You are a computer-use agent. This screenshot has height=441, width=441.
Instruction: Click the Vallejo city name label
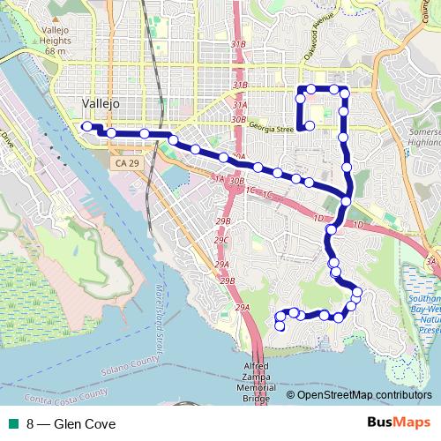[x=99, y=103]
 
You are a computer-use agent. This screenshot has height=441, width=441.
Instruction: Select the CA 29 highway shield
[x=125, y=164]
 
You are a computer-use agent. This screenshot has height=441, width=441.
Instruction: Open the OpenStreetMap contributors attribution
[x=364, y=395]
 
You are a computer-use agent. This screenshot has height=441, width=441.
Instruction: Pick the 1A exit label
[x=219, y=178]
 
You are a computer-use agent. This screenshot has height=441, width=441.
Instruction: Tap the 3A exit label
[x=430, y=261]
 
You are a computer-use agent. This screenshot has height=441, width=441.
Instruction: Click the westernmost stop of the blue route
[x=86, y=126]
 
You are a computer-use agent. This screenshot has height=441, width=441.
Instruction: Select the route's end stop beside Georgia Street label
[x=310, y=127]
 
